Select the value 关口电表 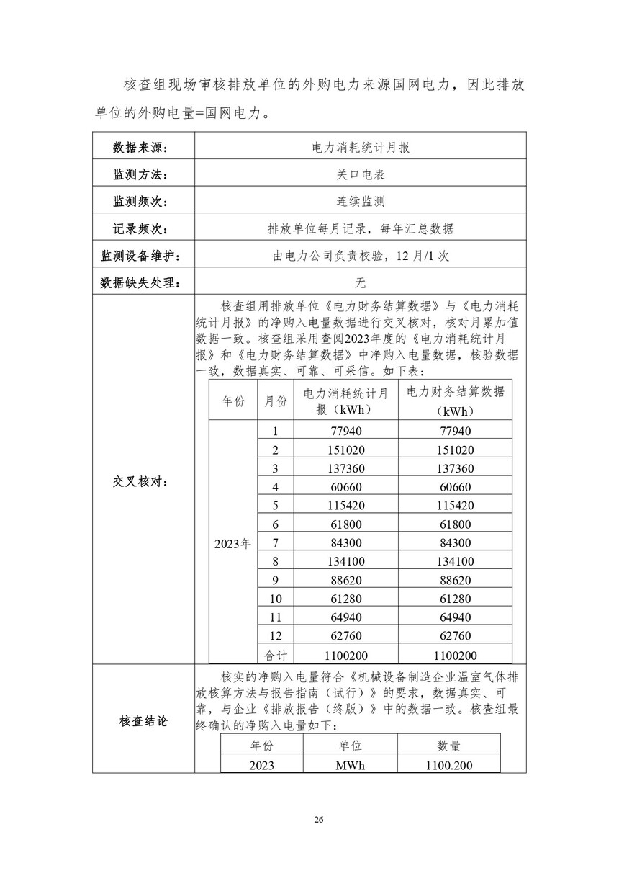[360, 175]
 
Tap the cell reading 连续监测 [360, 202]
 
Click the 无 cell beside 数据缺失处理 [360, 283]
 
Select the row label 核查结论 [143, 720]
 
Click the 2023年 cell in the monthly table [232, 544]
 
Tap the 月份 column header [275, 401]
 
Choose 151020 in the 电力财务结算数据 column [455, 450]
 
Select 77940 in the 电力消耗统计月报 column [346, 431]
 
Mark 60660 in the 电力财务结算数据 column [455, 487]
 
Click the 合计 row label [275, 656]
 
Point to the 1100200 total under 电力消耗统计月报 [346, 656]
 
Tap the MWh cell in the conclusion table [350, 765]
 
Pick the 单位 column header [350, 746]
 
